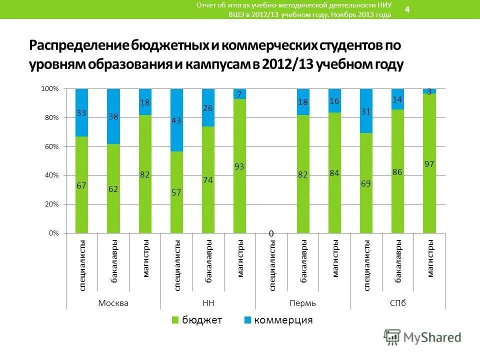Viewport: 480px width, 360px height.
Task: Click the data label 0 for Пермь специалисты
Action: (271, 233)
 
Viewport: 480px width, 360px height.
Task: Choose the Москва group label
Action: (113, 303)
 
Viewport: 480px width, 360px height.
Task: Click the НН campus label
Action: (208, 303)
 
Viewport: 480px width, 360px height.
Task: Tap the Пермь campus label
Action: (302, 303)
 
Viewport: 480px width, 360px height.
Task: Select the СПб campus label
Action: (397, 303)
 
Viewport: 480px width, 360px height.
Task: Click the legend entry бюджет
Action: (201, 320)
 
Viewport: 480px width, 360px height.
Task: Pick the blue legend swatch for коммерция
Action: (247, 320)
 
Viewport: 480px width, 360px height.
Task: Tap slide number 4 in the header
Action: (407, 10)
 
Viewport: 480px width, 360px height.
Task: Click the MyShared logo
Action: (422, 336)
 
